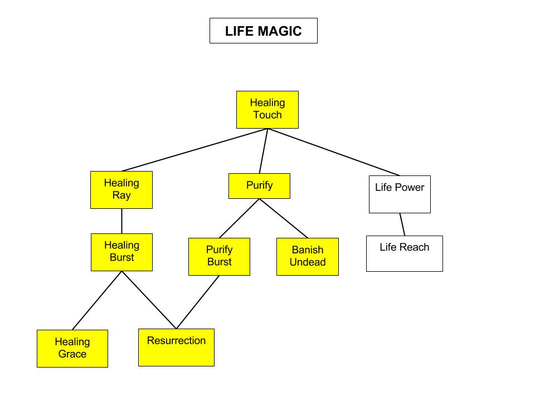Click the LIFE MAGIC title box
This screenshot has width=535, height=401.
263,31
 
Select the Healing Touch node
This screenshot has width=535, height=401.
267,110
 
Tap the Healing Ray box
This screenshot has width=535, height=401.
121,190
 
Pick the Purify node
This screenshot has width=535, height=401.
259,186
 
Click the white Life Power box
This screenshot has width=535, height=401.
400,194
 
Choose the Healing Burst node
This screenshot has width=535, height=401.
121,252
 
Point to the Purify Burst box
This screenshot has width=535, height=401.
219,257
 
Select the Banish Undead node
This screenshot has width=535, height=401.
307,257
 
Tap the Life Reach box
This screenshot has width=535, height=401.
404,254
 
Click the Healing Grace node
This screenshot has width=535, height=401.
72,349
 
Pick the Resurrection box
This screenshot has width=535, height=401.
176,348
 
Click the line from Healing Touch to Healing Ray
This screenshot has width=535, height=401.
194,150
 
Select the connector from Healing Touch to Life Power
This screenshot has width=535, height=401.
333,152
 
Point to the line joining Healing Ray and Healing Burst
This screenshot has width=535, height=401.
121,221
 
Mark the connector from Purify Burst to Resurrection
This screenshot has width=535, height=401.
198,302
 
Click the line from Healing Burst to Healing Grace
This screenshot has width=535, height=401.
97,301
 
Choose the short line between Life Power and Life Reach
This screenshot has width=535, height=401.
402,224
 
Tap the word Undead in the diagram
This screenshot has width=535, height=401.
307,262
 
